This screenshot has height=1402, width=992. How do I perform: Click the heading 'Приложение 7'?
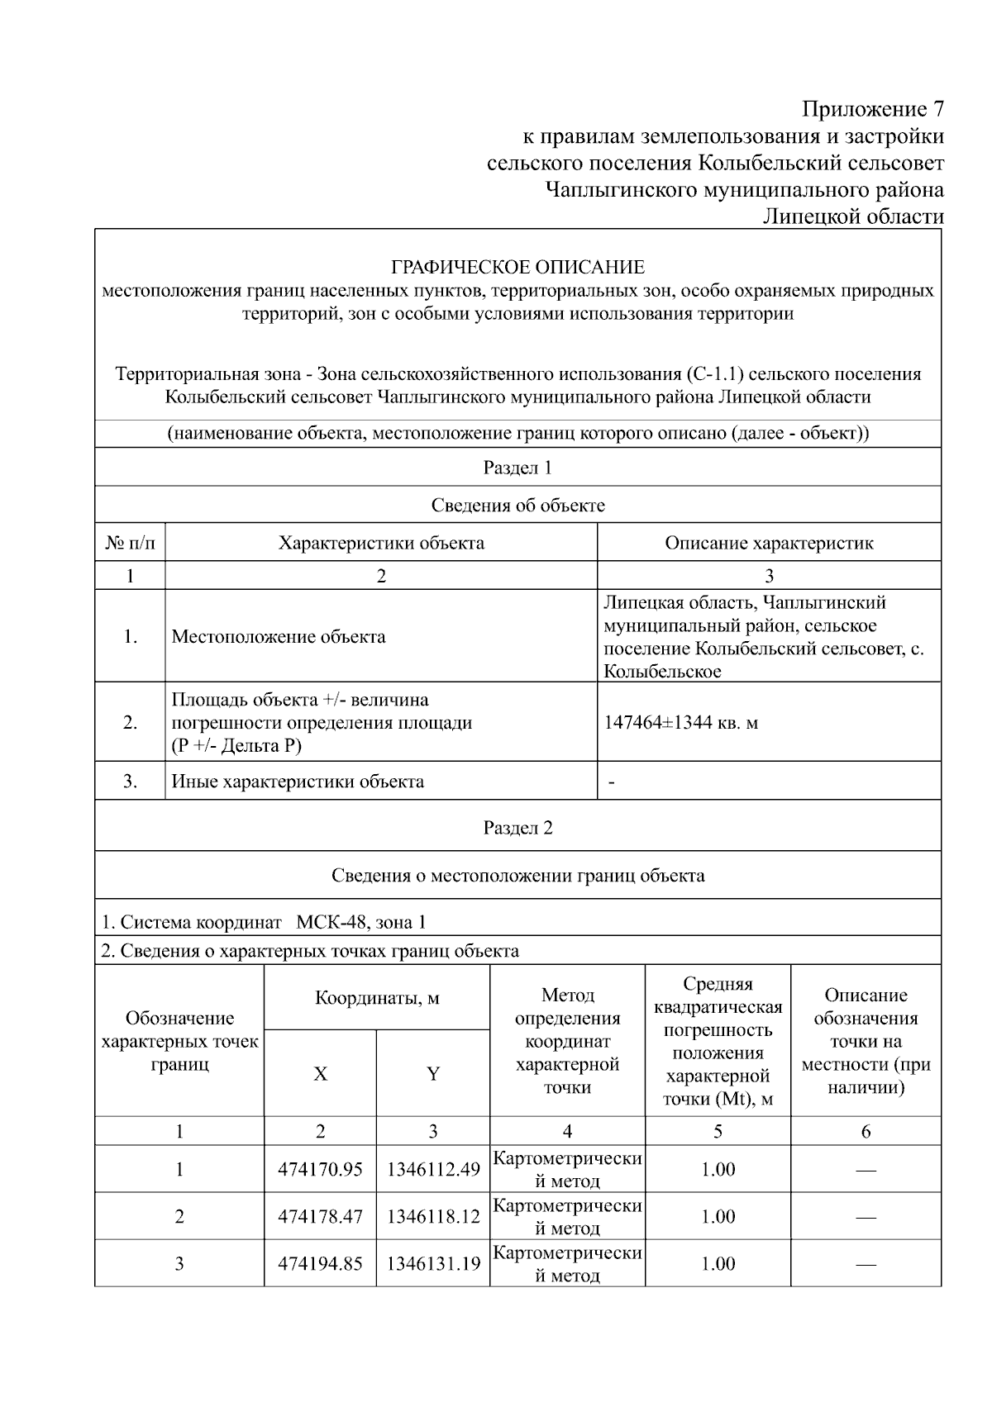point(872,109)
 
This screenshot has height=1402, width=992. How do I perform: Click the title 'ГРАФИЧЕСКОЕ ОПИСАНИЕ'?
point(517,268)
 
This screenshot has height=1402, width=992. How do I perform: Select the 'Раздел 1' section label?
point(517,468)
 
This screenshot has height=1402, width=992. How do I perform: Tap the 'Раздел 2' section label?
point(517,828)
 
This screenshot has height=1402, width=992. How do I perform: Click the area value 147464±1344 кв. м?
point(681,723)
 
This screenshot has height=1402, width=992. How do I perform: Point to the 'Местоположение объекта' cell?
point(279,637)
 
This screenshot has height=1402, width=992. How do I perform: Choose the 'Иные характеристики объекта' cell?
point(298,782)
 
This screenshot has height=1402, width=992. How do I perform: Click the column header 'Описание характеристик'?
point(769,543)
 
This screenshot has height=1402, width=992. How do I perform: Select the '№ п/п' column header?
point(130,543)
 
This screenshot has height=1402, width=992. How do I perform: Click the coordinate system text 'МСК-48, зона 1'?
point(361,922)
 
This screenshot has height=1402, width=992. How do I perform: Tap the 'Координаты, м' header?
point(377,998)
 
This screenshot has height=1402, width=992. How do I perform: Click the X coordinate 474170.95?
point(320,1170)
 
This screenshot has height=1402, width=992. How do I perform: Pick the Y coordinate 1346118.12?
point(433,1217)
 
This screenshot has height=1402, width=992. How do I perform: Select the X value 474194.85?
point(320,1264)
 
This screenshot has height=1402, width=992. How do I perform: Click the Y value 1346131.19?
point(433,1264)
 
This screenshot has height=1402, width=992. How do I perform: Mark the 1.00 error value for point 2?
point(718,1217)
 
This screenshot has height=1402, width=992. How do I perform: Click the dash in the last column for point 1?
point(866,1170)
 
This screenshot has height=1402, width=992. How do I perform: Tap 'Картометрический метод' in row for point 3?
point(567,1264)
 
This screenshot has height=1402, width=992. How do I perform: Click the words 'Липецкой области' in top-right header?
point(852,216)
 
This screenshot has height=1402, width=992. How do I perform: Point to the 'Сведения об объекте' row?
point(517,506)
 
